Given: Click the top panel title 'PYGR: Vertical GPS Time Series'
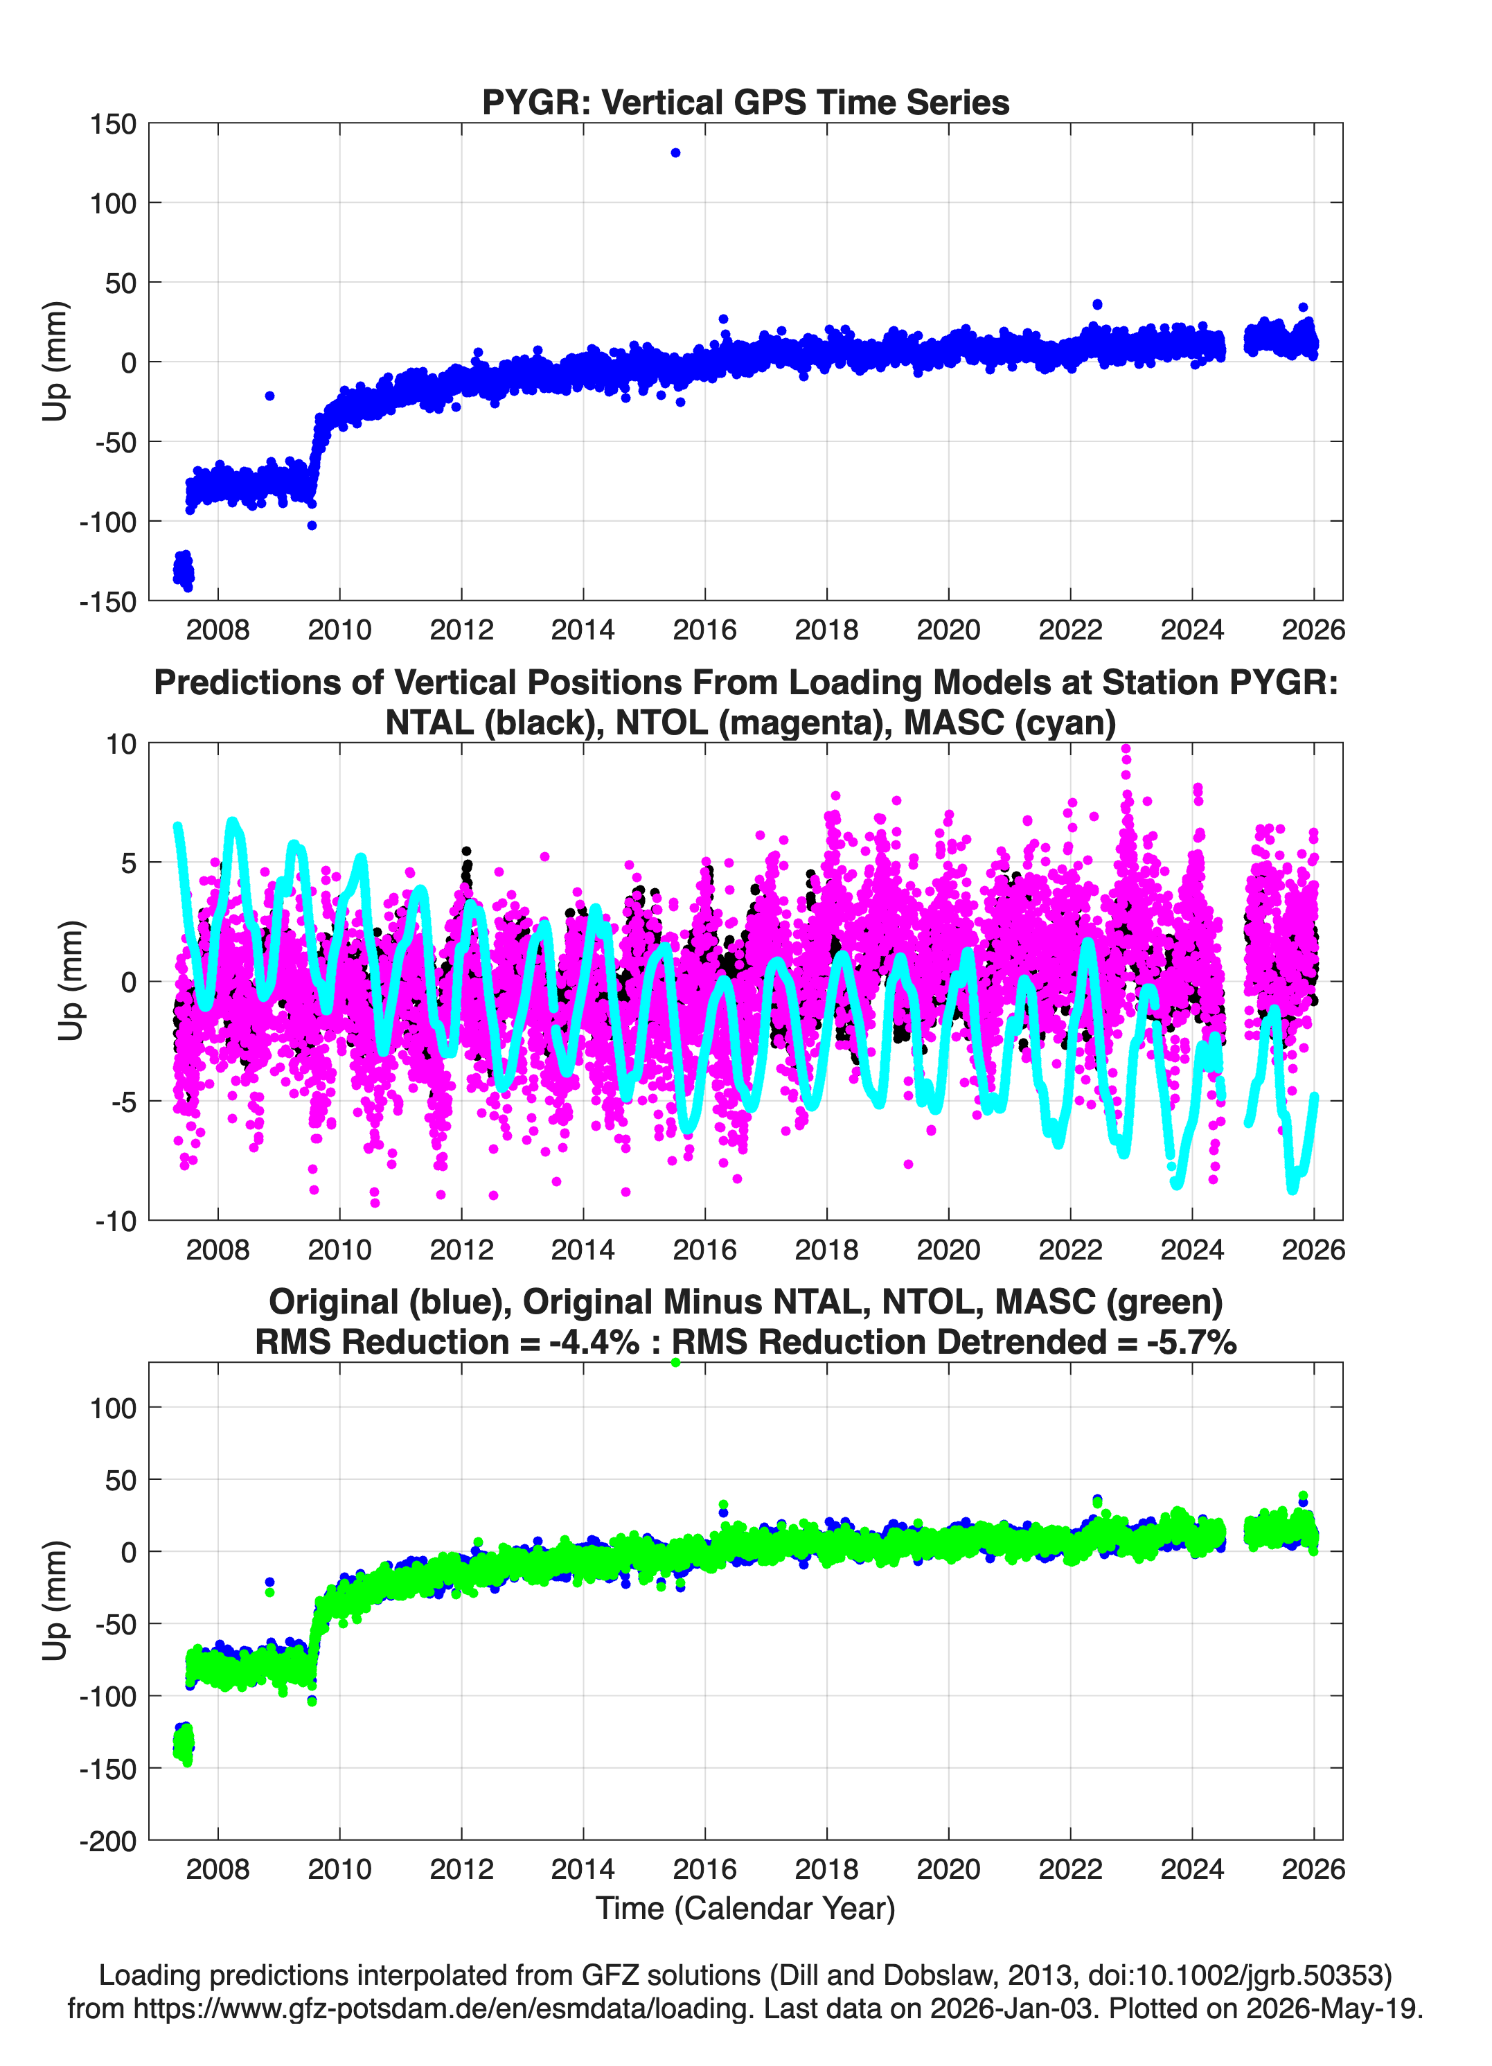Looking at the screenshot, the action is pos(745,102).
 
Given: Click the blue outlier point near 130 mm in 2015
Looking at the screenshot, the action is pos(675,153).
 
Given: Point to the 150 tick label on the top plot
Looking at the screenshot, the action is pos(113,124).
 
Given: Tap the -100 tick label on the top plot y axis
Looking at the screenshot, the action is pos(107,522).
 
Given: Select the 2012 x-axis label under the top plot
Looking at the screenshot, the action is pos(461,630).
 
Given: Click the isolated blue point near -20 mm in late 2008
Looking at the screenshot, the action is pos(269,396).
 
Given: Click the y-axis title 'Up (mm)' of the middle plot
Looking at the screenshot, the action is pos(71,980).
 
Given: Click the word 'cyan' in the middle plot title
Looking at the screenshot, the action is pos(1071,723).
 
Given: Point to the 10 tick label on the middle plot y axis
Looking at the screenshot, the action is pos(121,744).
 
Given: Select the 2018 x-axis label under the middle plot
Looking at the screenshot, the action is pos(826,1249).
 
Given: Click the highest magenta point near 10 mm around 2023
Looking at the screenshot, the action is pos(1126,750).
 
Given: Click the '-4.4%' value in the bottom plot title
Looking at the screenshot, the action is pos(594,1342).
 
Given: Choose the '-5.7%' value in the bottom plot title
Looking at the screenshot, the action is pos(1191,1342).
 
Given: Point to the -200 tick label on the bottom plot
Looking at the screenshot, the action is pos(107,1841).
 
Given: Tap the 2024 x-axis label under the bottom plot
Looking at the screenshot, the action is pos(1191,1869).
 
